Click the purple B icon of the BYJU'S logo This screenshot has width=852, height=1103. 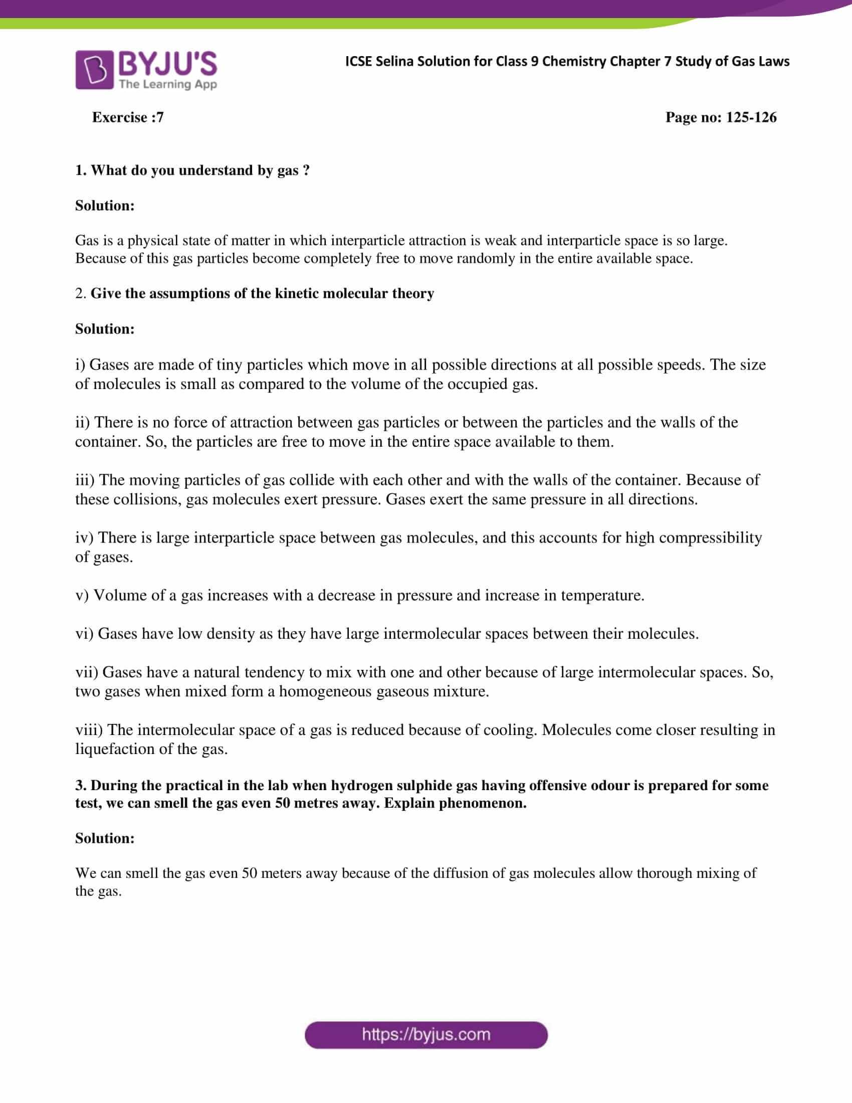(x=94, y=70)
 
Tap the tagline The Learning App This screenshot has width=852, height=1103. (x=167, y=84)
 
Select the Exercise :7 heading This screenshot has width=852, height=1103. (x=128, y=117)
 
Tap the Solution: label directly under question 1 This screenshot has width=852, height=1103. (x=105, y=206)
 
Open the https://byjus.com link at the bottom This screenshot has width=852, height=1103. (x=426, y=1035)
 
